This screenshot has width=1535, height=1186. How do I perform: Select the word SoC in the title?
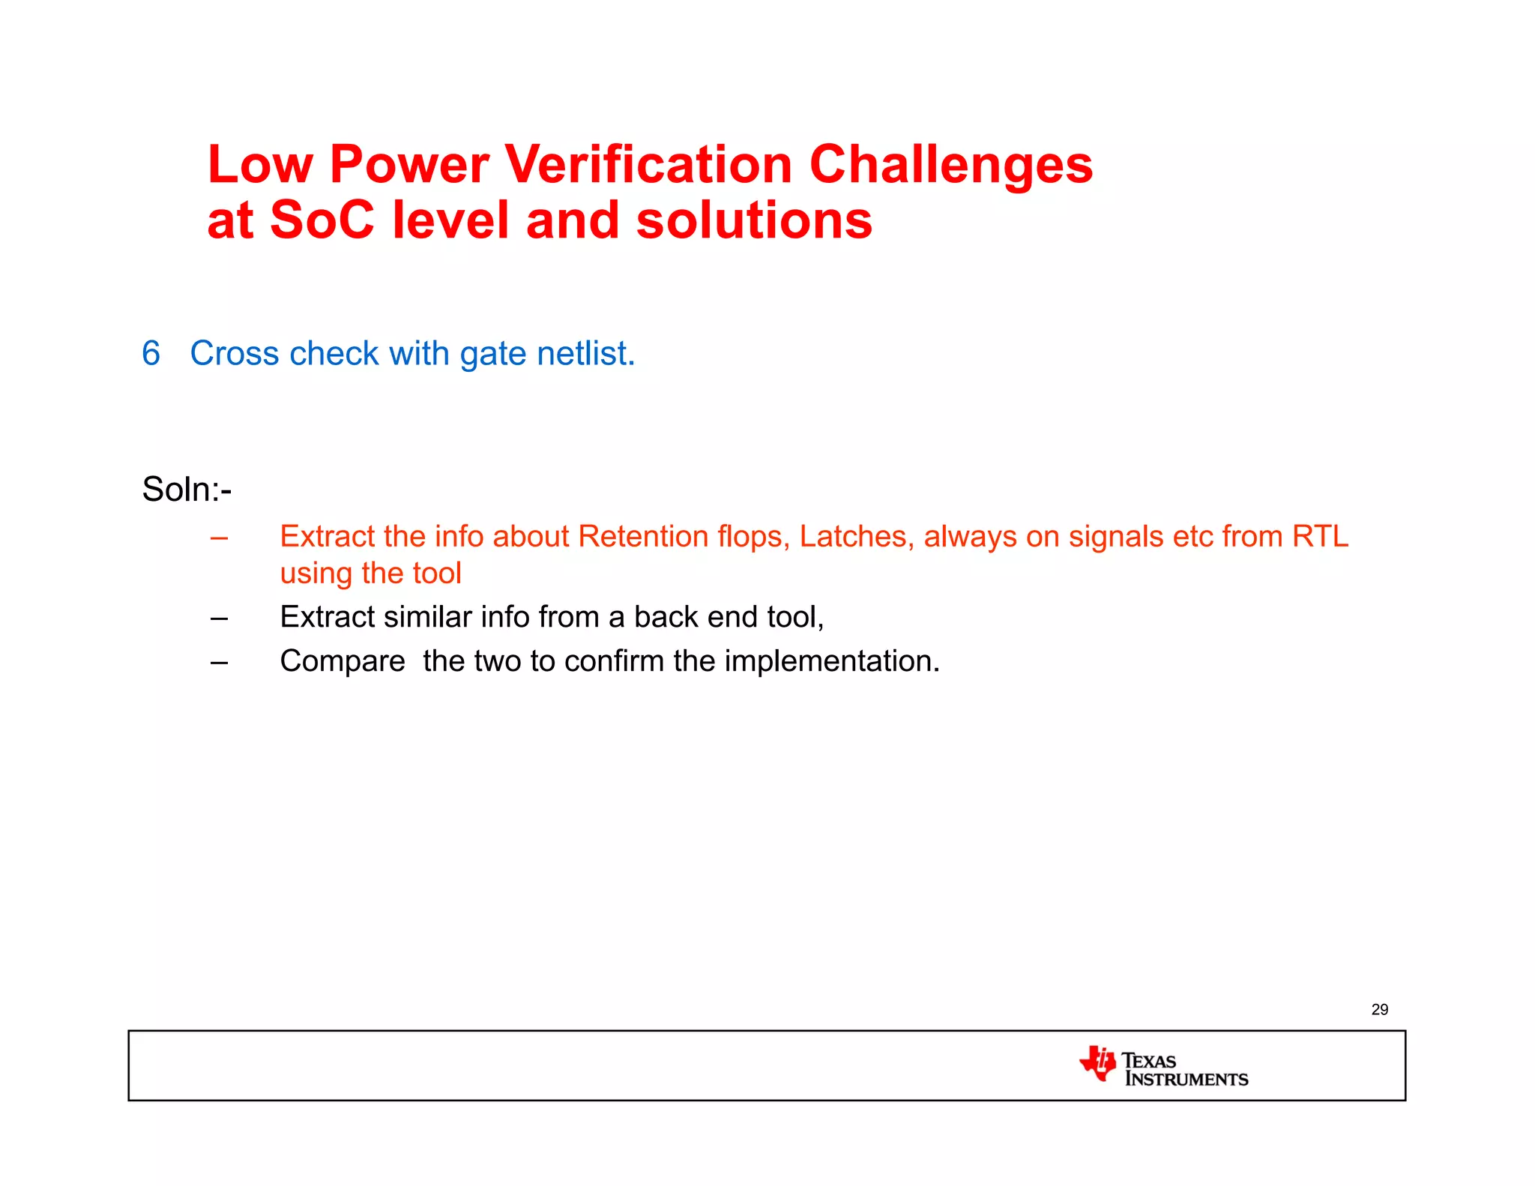click(x=322, y=220)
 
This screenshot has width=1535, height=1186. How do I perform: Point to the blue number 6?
click(x=151, y=353)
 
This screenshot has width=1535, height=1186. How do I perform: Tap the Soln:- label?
click(x=187, y=490)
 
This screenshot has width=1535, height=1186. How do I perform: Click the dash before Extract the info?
click(x=219, y=538)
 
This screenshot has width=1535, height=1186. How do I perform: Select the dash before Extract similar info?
click(x=219, y=618)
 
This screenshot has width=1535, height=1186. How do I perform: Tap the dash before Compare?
click(x=219, y=662)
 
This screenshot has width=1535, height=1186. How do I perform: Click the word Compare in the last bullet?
click(x=342, y=661)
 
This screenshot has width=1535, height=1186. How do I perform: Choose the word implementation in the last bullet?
click(x=831, y=661)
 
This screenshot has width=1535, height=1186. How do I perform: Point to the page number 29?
click(x=1379, y=1010)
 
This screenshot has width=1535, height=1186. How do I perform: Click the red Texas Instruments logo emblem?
click(x=1098, y=1063)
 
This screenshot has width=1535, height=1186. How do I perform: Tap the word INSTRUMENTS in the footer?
click(x=1186, y=1080)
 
